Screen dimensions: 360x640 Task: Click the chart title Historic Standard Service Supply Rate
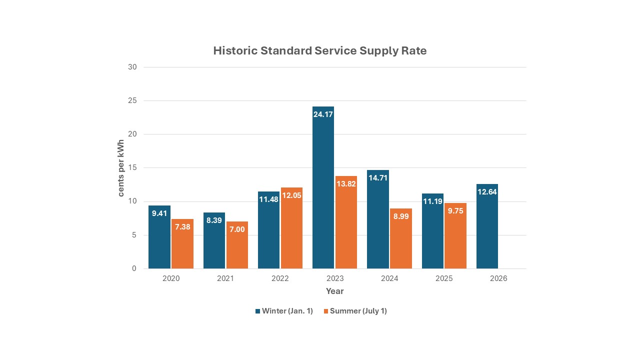coord(320,50)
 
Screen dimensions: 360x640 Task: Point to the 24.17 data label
coord(323,114)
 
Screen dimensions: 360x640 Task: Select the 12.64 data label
coord(487,191)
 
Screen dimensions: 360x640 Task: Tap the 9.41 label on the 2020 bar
coord(159,213)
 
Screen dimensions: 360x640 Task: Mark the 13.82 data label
coord(346,183)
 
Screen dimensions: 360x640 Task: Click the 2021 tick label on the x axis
coord(225,278)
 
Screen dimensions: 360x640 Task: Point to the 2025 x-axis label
coord(444,278)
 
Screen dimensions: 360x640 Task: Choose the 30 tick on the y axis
coord(132,67)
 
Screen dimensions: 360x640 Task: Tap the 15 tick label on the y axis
coord(132,168)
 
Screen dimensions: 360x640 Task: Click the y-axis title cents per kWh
coord(121,168)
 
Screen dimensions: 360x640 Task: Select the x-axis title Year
coord(334,291)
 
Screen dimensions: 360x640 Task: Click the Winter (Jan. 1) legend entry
coord(284,311)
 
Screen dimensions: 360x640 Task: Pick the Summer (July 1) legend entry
coord(355,311)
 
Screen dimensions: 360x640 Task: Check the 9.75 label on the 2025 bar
coord(455,210)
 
